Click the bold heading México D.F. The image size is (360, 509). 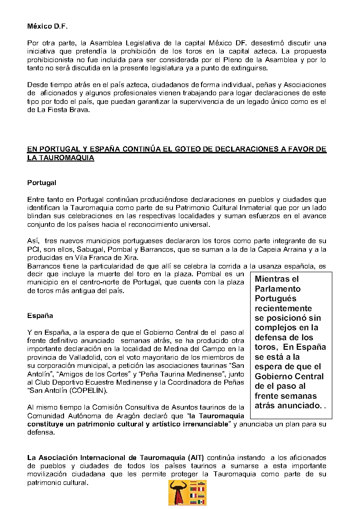click(x=46, y=26)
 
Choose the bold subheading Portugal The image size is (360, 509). click(x=41, y=183)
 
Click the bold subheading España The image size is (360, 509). click(x=40, y=315)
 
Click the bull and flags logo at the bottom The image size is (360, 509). click(x=187, y=493)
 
